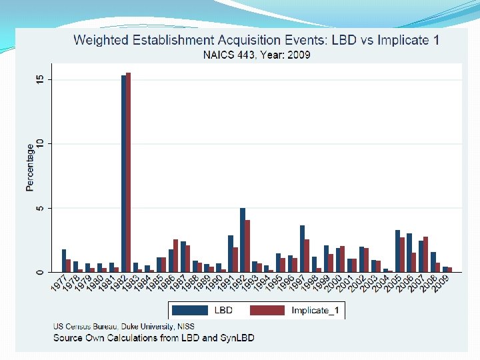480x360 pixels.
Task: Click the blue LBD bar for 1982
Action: pyautogui.click(x=124, y=173)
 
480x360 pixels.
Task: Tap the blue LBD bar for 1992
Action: pyautogui.click(x=243, y=240)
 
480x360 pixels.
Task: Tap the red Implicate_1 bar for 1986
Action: pyautogui.click(x=176, y=255)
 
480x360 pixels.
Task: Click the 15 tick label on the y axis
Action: pyautogui.click(x=40, y=79)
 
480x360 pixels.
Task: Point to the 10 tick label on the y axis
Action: pyautogui.click(x=40, y=144)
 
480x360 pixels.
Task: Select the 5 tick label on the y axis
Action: pyautogui.click(x=40, y=208)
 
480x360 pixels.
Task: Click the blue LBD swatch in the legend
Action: pyautogui.click(x=191, y=310)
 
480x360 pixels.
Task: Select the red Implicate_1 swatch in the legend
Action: pyautogui.click(x=267, y=310)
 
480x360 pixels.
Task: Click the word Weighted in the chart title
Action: pyautogui.click(x=100, y=39)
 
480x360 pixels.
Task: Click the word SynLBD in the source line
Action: pyautogui.click(x=238, y=338)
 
